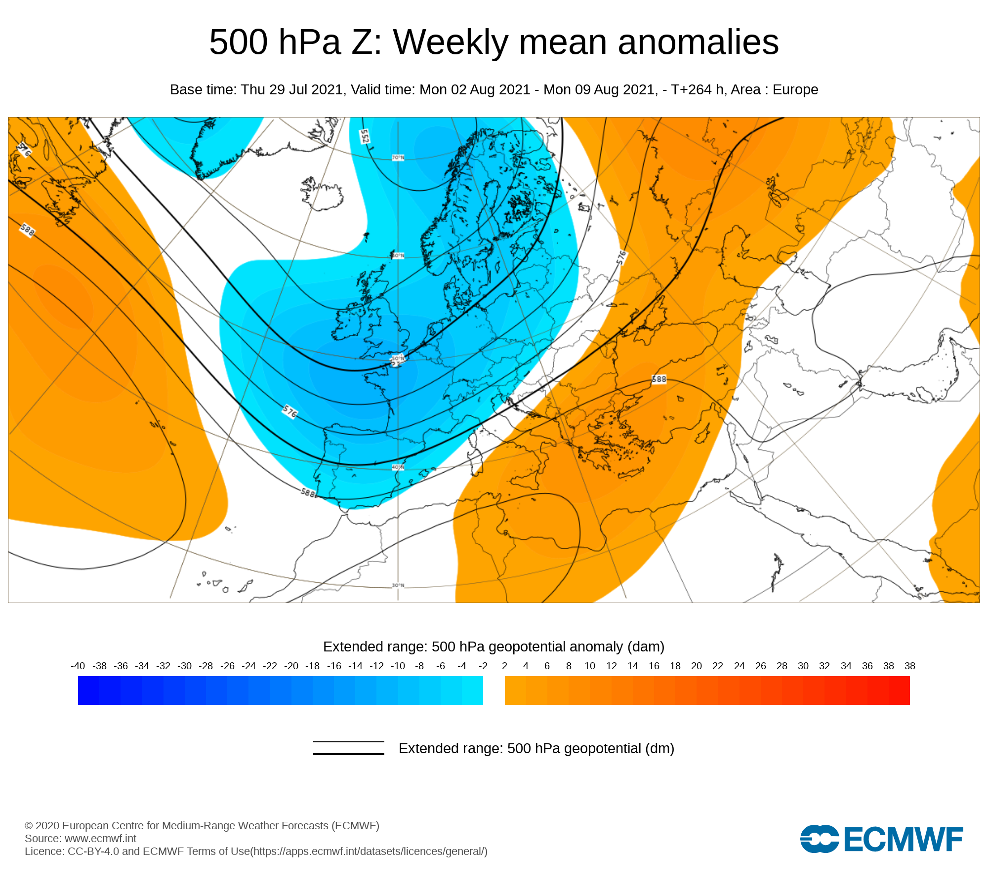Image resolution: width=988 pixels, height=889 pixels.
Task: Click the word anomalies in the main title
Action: pos(698,42)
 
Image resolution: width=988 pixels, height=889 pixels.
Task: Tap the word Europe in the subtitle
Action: pos(795,89)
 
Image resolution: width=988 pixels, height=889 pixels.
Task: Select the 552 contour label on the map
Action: pos(365,136)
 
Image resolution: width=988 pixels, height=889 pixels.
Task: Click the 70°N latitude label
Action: pos(398,158)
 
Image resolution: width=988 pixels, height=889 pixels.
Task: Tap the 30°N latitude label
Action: pos(398,585)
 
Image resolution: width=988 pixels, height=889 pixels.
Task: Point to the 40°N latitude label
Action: pos(398,467)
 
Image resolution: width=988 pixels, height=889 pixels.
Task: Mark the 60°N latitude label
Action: pos(398,256)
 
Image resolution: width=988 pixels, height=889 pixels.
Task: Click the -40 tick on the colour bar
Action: pos(78,666)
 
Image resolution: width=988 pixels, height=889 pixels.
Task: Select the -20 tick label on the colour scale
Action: pos(291,666)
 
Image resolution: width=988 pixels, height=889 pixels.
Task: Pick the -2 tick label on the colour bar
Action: pos(483,666)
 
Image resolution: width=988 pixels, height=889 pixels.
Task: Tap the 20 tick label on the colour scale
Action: pos(696,666)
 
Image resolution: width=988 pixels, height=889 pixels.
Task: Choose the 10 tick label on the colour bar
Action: pos(589,666)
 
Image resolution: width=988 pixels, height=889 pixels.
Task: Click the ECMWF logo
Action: pos(881,839)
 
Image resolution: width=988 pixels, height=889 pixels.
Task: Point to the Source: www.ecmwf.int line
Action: pos(81,838)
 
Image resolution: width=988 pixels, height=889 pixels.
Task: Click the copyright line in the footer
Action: pos(202,825)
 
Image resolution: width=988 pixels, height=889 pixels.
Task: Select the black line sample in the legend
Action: pos(348,748)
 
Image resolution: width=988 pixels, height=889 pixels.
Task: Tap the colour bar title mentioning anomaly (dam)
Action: pos(494,647)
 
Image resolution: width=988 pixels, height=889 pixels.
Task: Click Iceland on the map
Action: pos(324,195)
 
